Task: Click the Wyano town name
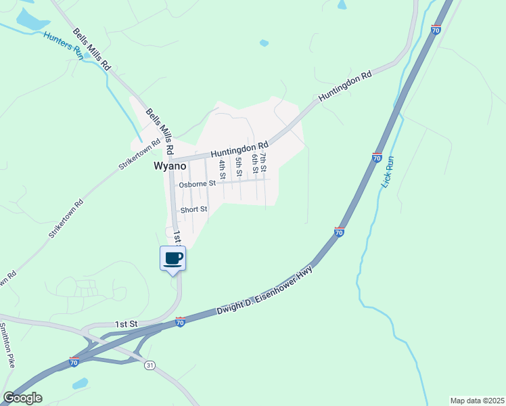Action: (x=170, y=166)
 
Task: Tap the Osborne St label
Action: (x=198, y=183)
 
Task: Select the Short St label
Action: (x=193, y=210)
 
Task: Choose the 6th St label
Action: (x=255, y=162)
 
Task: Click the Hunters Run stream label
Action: (x=63, y=45)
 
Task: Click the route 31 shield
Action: (x=149, y=365)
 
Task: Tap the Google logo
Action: (x=22, y=398)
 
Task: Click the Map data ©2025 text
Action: (x=476, y=401)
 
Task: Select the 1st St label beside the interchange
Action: (x=126, y=324)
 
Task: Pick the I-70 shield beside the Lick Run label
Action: (x=377, y=158)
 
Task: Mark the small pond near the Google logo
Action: (x=80, y=384)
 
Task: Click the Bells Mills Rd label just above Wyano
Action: (x=160, y=129)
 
